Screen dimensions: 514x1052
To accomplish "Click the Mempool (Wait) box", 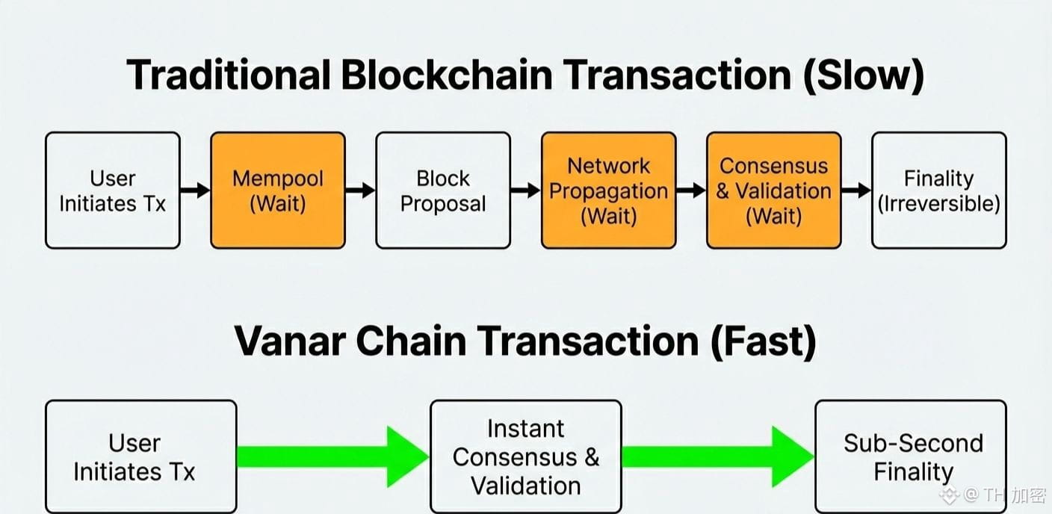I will click(278, 191).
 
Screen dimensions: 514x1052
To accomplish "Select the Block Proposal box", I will click(443, 191).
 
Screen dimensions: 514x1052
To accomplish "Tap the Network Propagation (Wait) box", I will click(608, 191).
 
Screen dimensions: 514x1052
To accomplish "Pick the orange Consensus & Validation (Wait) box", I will click(773, 191).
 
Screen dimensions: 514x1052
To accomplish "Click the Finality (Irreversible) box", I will click(938, 191).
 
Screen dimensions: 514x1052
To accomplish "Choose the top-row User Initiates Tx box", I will click(113, 191).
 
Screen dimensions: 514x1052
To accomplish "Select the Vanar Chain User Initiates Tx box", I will click(140, 456).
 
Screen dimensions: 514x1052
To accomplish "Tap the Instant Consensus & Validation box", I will click(525, 456).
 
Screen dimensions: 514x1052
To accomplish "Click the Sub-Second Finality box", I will click(911, 456).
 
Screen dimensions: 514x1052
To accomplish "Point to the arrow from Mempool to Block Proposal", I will click(360, 191).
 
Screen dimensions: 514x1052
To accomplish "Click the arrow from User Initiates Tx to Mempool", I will click(195, 191).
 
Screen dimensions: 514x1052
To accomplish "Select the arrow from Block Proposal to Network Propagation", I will click(526, 191).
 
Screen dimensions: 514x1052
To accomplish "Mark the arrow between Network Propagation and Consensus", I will click(691, 191).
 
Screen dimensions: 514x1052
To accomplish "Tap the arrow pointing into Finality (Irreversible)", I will click(856, 191).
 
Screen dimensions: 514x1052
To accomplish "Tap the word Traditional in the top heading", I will click(229, 75).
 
